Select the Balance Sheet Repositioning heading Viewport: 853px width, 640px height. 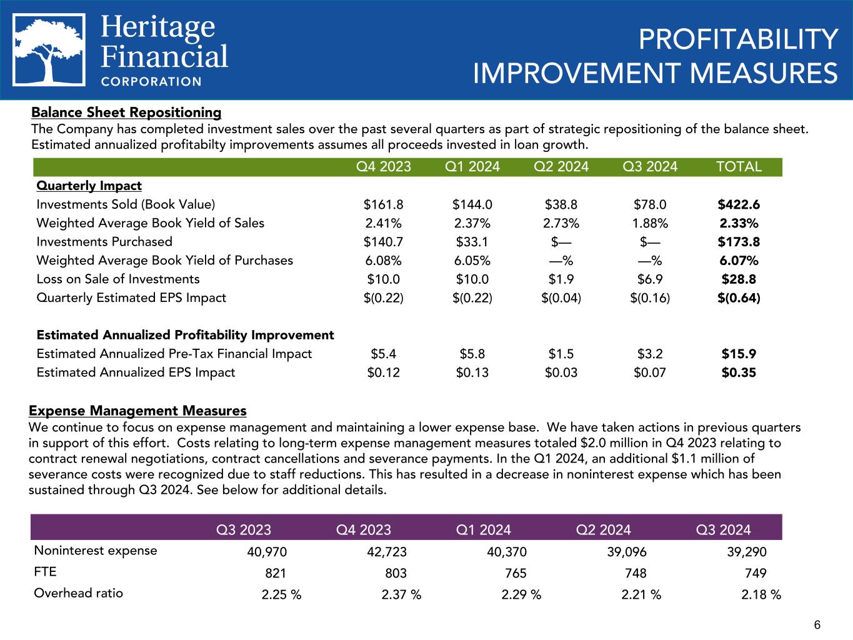(126, 112)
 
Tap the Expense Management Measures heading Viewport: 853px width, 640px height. (137, 411)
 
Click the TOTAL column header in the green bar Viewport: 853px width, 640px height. (739, 167)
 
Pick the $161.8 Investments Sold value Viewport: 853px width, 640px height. (383, 204)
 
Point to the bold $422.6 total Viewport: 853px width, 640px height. (739, 204)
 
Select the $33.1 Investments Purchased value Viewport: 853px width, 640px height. (472, 242)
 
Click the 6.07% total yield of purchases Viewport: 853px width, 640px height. (739, 260)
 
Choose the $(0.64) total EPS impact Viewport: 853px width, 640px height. (739, 297)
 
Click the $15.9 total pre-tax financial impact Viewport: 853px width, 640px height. (739, 354)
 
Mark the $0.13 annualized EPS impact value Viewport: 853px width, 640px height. (472, 372)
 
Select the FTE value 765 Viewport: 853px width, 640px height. (516, 573)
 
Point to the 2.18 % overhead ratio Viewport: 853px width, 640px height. (761, 594)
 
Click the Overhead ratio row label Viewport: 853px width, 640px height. (79, 593)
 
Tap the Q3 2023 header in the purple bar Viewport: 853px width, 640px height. (244, 530)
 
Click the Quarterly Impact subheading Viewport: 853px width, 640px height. (89, 186)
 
